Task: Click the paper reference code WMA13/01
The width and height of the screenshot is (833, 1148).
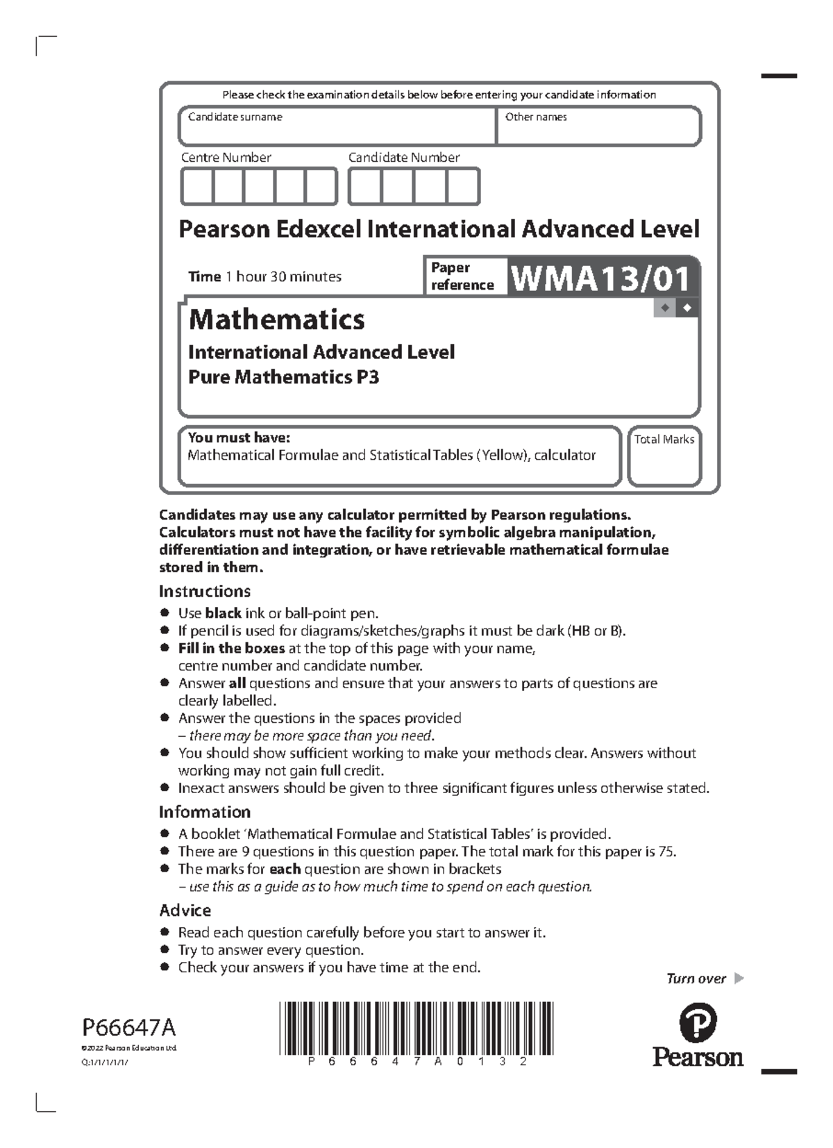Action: pos(601,278)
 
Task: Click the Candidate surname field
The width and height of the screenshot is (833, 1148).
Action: pos(337,127)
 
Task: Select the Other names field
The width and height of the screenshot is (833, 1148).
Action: pos(598,127)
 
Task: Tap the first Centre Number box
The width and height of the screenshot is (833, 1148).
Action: pos(196,187)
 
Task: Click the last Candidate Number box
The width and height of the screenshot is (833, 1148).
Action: pos(462,187)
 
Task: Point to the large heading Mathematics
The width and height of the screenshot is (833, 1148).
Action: pos(276,319)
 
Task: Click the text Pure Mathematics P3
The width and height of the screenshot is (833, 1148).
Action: pos(283,377)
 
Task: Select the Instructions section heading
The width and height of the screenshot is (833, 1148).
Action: pos(204,591)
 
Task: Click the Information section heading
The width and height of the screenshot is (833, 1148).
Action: pos(204,812)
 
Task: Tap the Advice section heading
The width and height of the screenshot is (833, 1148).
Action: pos(185,910)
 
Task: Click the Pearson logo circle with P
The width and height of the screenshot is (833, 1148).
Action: pos(697,1022)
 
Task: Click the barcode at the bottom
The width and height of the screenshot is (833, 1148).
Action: pos(416,1029)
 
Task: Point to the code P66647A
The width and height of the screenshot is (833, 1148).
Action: pos(128,1027)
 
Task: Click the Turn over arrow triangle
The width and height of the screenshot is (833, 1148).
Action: pos(739,979)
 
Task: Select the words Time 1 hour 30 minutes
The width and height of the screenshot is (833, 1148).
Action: pos(264,276)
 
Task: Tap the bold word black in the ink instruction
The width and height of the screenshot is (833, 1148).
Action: pos(223,613)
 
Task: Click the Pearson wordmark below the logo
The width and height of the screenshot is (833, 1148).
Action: pos(697,1058)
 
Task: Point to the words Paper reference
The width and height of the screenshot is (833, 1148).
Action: pos(462,276)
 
